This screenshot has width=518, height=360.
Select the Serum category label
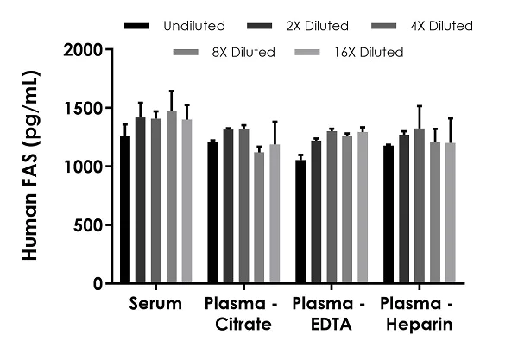pos(156,304)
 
